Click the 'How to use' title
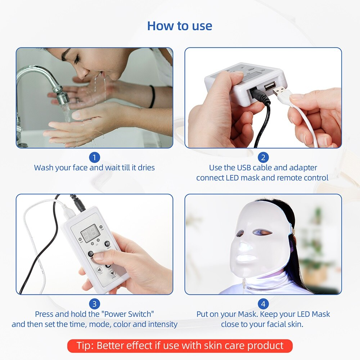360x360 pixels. (180, 26)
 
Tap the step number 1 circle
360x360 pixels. (94, 157)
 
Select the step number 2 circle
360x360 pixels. (263, 157)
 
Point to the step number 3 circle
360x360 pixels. (94, 304)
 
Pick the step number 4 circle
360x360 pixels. (263, 304)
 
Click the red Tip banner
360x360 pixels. (180, 346)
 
